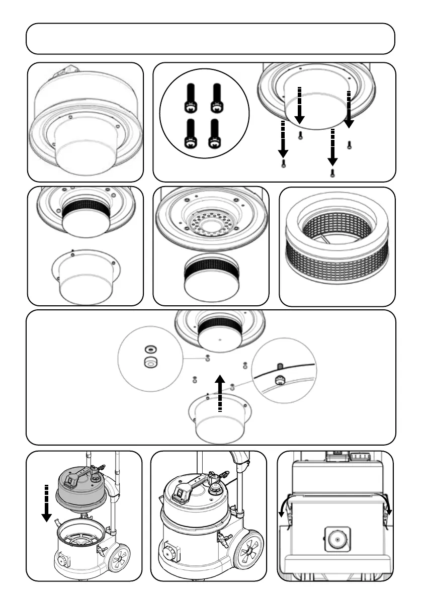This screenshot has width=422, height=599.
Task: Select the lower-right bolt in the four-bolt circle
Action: pyautogui.click(x=216, y=134)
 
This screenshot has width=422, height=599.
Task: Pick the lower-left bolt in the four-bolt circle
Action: pyautogui.click(x=191, y=134)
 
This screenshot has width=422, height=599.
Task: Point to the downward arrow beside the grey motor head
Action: pyautogui.click(x=46, y=503)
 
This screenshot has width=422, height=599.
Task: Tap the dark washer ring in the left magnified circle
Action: pyautogui.click(x=150, y=349)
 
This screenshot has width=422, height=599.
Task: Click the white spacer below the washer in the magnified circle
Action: pyautogui.click(x=150, y=362)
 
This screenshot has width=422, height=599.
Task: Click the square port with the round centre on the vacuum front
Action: pyautogui.click(x=337, y=539)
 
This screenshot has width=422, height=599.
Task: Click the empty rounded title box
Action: pyautogui.click(x=210, y=39)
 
